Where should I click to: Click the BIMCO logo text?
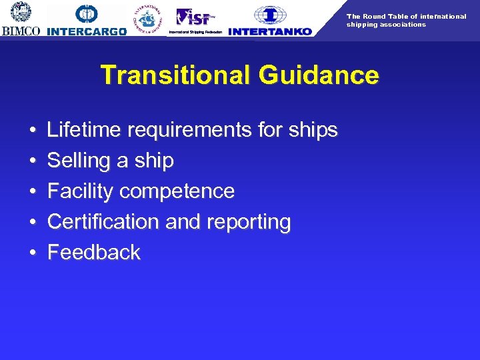(x=21, y=31)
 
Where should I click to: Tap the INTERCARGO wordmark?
(x=87, y=31)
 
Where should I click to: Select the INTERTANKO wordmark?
(x=269, y=31)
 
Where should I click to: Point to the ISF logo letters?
(x=195, y=17)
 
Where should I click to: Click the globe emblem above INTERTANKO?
(x=270, y=15)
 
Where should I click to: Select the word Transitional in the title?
(x=175, y=75)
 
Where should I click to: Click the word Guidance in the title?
(x=319, y=75)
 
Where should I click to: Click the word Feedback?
(x=94, y=253)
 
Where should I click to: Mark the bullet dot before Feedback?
(x=33, y=253)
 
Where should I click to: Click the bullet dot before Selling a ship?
(x=33, y=161)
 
